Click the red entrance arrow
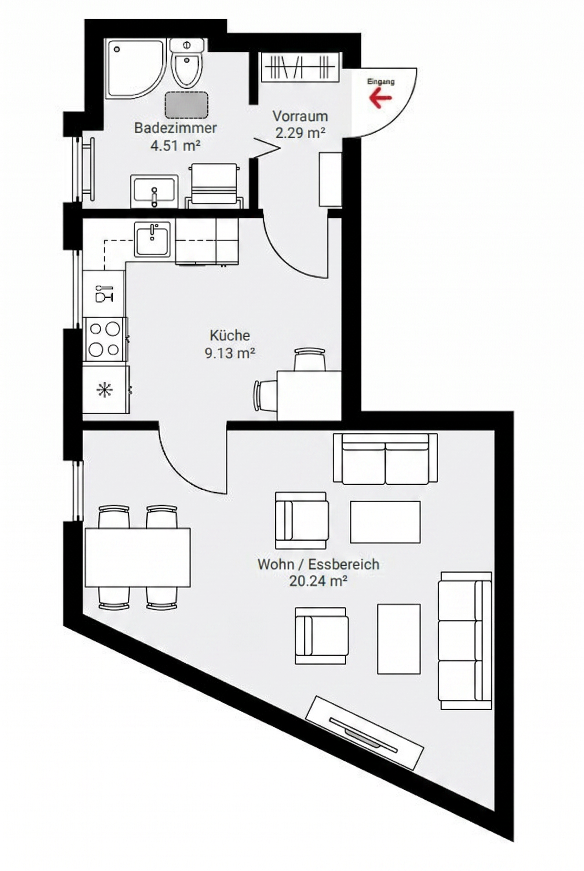click(x=380, y=98)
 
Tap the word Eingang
click(x=380, y=82)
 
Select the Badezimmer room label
click(x=175, y=128)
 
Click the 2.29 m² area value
click(x=300, y=133)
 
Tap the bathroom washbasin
click(x=154, y=191)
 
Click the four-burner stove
click(x=105, y=339)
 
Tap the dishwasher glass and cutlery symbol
click(x=104, y=294)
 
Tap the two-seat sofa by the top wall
click(x=385, y=459)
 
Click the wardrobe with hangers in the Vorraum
click(x=300, y=67)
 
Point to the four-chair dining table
click(x=137, y=557)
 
